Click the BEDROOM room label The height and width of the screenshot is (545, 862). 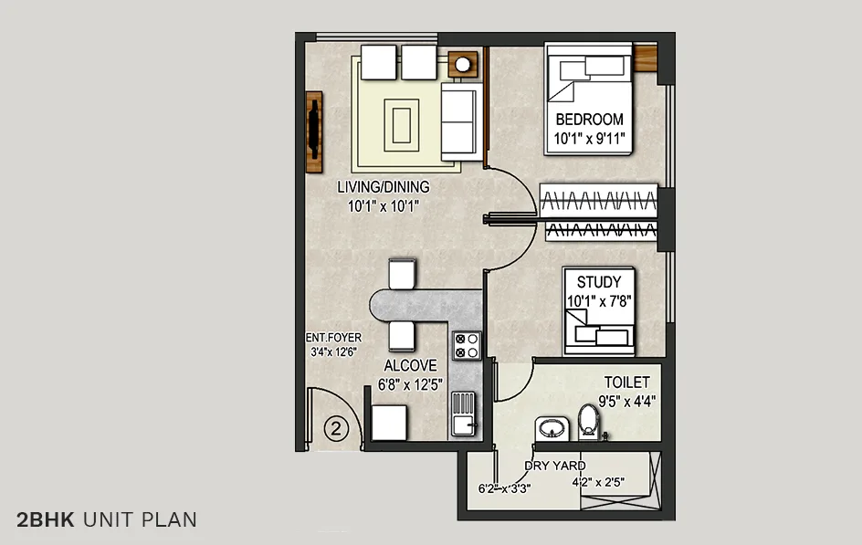point(589,120)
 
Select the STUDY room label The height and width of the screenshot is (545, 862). point(599,282)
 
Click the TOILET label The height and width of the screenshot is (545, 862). point(626,383)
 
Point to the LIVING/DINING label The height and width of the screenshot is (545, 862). point(383,187)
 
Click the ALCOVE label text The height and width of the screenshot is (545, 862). point(410,365)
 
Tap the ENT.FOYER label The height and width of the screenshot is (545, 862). point(333,337)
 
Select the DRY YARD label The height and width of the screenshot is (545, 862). point(554,466)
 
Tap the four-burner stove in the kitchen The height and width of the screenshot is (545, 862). point(466,344)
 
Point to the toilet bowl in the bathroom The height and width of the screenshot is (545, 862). point(589,421)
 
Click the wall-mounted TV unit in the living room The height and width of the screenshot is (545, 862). point(315,132)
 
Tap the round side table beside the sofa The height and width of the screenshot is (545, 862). point(464,65)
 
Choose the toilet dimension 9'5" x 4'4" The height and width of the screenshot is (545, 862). point(626,400)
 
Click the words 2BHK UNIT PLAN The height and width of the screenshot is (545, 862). point(106,520)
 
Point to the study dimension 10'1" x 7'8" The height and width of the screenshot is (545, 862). point(599,300)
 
